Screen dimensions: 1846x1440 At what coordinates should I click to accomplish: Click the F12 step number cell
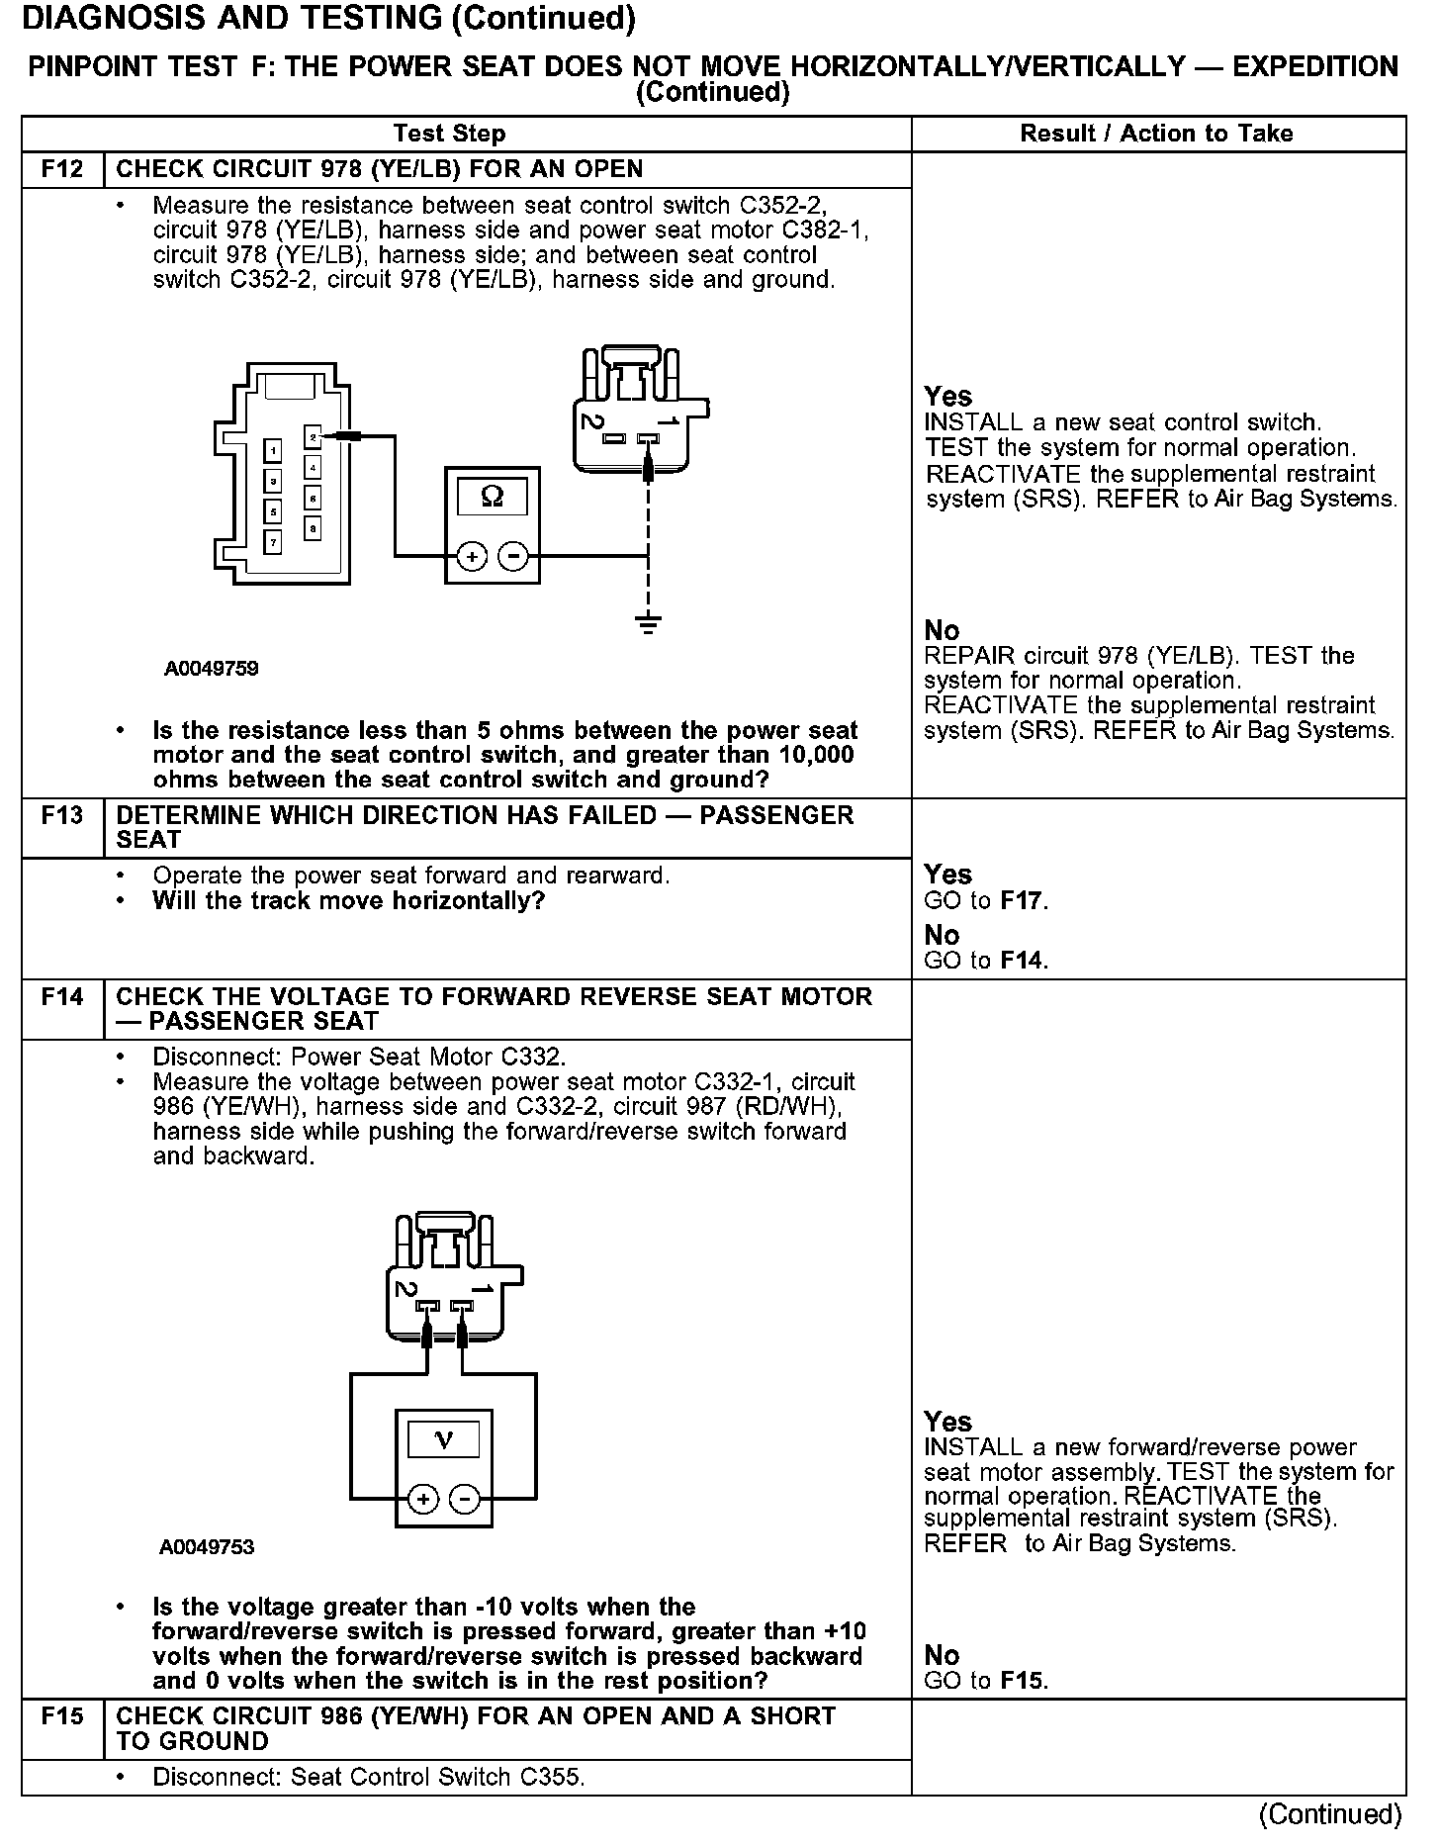coord(62,169)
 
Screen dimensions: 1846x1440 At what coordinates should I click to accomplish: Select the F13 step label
coord(62,816)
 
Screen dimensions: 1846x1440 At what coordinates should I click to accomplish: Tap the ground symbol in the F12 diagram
coord(648,623)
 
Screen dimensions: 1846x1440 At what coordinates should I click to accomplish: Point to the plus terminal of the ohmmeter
coord(472,557)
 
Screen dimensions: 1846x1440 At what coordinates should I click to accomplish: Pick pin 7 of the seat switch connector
coord(273,541)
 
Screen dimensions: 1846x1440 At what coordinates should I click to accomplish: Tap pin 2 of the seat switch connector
coord(313,436)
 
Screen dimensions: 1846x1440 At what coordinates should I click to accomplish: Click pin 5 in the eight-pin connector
coord(273,511)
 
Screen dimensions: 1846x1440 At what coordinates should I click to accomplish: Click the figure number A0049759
coord(212,669)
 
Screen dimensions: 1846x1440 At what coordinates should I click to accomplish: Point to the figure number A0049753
coord(207,1547)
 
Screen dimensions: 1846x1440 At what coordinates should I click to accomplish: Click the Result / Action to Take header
coord(1156,134)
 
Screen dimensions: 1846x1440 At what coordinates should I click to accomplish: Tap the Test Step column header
coord(449,134)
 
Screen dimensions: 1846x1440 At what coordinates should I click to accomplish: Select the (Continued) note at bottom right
coord(1329,1813)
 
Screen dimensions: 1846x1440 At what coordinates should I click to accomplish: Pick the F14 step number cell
coord(62,997)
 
